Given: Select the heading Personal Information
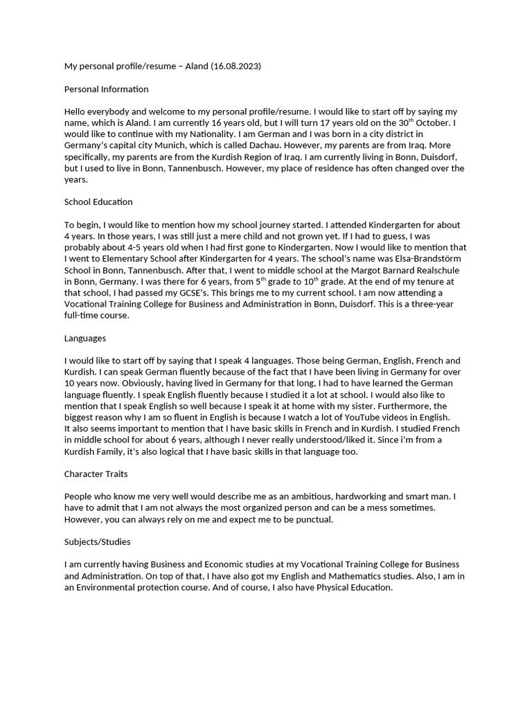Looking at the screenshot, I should coord(106,89).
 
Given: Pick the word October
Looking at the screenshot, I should coord(435,123).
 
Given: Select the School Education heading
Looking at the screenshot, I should coord(98,202).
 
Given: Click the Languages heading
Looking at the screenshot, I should coord(85,338).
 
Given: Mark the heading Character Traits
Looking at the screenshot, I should coord(97,474).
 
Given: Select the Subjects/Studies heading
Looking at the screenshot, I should coord(97,541).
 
